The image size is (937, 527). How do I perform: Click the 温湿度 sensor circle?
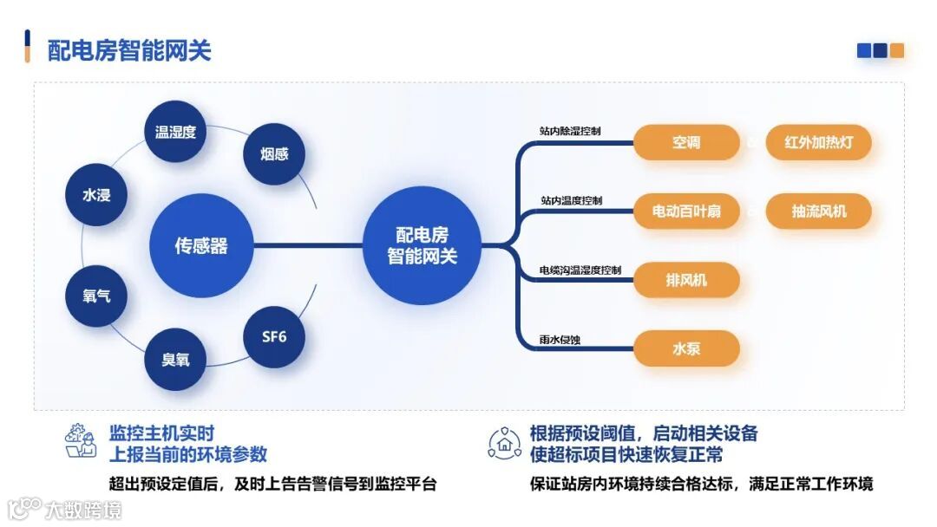(x=175, y=132)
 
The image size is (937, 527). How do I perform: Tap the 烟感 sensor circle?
(x=274, y=154)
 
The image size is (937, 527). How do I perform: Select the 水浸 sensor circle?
(x=96, y=195)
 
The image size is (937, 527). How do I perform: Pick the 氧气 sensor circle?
(x=96, y=296)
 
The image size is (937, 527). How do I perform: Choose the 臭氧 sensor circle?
(x=175, y=359)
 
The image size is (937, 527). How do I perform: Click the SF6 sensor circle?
(x=274, y=336)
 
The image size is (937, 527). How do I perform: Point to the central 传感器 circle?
(x=201, y=246)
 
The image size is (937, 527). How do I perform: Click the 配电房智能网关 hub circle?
(x=422, y=246)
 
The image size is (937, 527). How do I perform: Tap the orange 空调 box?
(x=686, y=142)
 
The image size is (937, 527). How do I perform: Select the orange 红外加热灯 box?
(x=818, y=142)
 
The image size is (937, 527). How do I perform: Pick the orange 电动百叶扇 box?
(x=686, y=211)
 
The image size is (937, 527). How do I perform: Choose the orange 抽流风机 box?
(x=818, y=211)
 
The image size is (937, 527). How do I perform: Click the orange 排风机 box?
(x=686, y=280)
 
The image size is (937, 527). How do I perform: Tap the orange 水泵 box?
(x=686, y=348)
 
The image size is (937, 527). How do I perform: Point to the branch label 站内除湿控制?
(x=570, y=131)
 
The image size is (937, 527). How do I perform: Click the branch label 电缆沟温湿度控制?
(x=580, y=270)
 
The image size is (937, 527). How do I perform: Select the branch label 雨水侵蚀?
(x=560, y=338)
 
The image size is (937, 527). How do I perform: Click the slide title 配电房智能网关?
(x=129, y=49)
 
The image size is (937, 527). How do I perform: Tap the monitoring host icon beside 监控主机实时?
(x=81, y=441)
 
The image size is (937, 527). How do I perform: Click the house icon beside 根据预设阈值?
(x=504, y=442)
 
